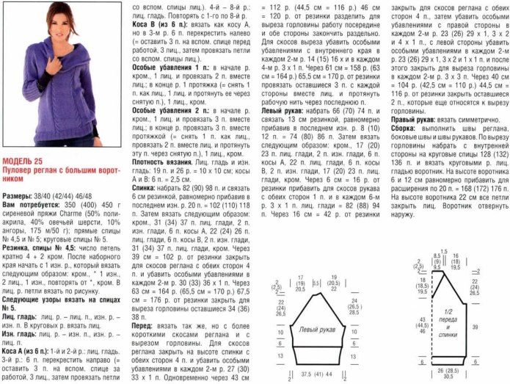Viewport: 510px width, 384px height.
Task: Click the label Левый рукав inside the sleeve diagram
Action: pyautogui.click(x=317, y=332)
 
